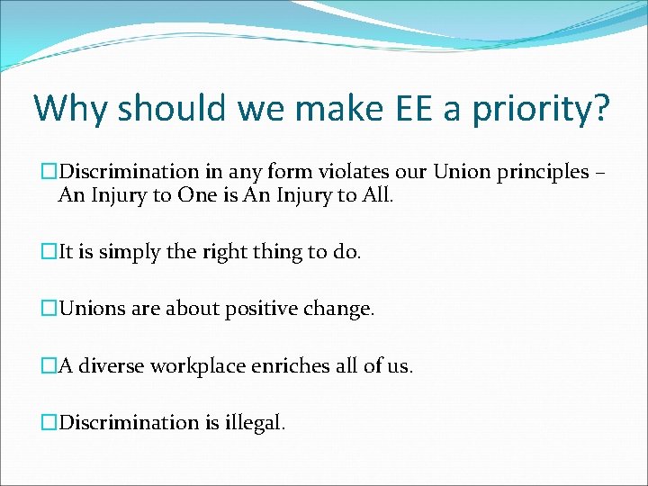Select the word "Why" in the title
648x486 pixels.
71,109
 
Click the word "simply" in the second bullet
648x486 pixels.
124,252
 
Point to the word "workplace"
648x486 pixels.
196,366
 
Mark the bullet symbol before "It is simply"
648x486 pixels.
50,253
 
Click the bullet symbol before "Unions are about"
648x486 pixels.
50,310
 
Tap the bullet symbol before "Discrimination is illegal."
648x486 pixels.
50,422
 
